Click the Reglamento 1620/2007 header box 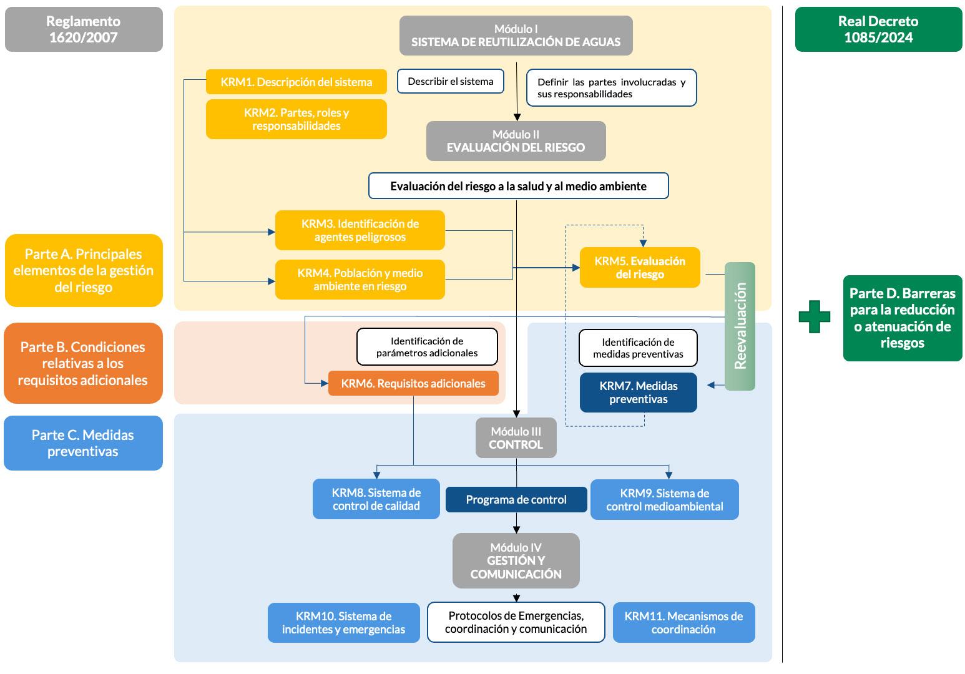coord(84,29)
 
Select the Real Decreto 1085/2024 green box coord(878,29)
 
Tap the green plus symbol coord(815,316)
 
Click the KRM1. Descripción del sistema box coord(296,82)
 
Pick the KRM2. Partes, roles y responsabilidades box coord(296,119)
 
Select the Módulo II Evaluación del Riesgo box coord(516,141)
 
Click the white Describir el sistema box coord(450,81)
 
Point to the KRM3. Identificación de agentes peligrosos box coord(360,230)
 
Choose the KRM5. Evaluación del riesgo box coord(640,268)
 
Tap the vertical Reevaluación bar coord(740,326)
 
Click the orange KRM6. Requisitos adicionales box coord(413,383)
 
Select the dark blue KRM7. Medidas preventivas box coord(638,393)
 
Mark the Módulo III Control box coord(516,438)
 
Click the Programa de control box coord(516,499)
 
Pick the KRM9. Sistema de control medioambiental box coord(664,499)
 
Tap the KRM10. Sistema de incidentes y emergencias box coord(343,623)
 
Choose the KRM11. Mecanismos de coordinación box coord(683,623)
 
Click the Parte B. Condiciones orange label coord(83,363)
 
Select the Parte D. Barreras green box coord(902,318)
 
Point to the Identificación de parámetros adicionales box coord(427,347)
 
